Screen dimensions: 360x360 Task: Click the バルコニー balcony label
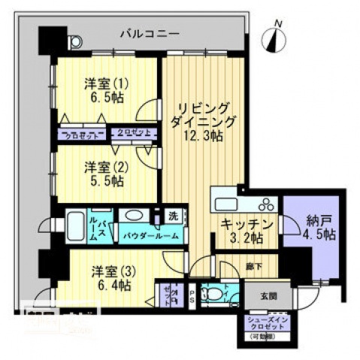tap(149, 34)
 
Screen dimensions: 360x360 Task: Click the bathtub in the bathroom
tap(75, 224)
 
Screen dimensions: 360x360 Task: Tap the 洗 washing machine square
tap(173, 216)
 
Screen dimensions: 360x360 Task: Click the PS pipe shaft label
tap(192, 294)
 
